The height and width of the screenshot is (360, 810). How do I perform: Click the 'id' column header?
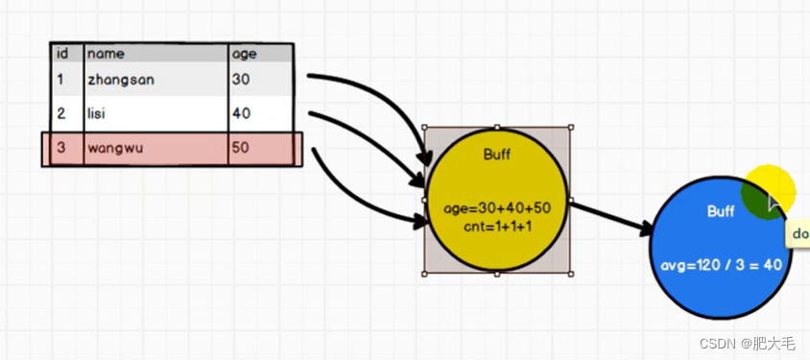(x=62, y=55)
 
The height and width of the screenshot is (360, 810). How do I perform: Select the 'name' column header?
(x=106, y=55)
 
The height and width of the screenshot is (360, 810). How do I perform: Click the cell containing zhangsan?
(x=120, y=81)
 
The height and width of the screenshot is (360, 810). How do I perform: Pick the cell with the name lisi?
(x=97, y=114)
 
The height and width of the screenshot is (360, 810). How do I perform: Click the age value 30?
(x=240, y=81)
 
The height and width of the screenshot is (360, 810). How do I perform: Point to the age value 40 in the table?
(x=240, y=114)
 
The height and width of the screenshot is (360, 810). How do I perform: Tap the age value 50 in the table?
(x=240, y=149)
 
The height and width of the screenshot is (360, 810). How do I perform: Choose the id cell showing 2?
(x=60, y=114)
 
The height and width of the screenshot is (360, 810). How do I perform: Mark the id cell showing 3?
(x=60, y=149)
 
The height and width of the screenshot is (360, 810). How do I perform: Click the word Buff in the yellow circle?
(x=496, y=154)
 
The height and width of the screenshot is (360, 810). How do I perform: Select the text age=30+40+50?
(x=496, y=207)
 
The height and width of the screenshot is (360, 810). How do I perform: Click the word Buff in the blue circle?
(x=720, y=211)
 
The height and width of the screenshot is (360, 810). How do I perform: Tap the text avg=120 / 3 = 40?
(x=721, y=264)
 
